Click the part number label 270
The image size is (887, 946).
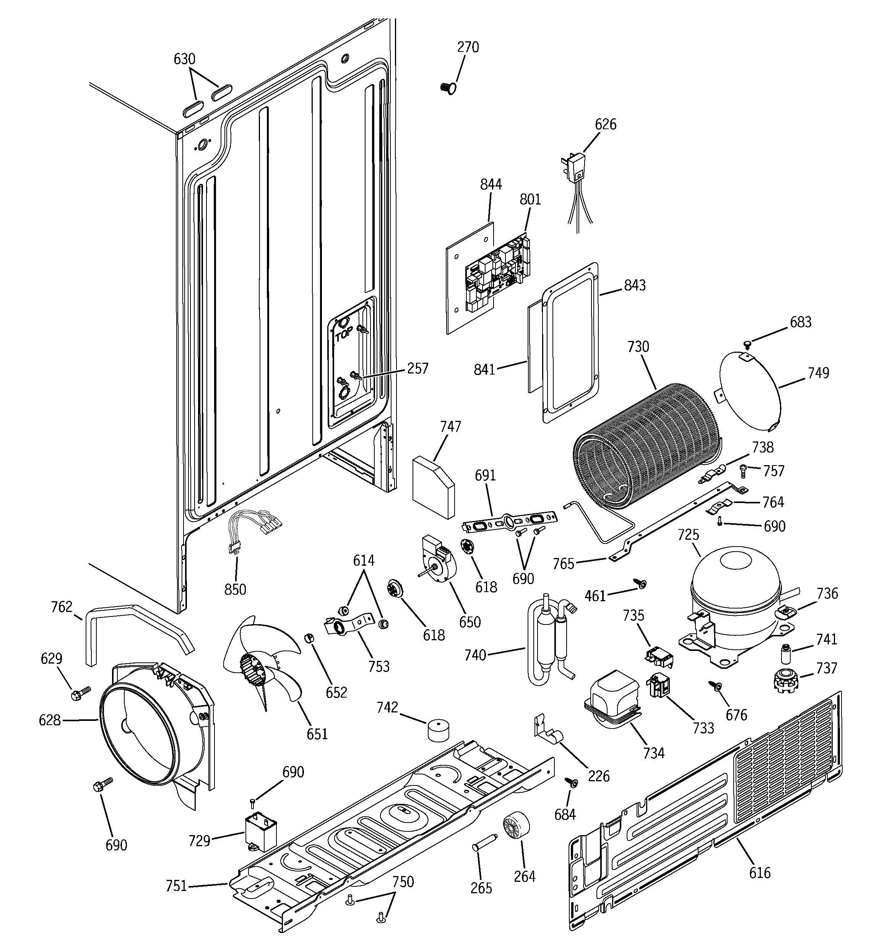(x=468, y=47)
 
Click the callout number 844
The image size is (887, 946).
(x=491, y=184)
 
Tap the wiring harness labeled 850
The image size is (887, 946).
(x=250, y=528)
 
